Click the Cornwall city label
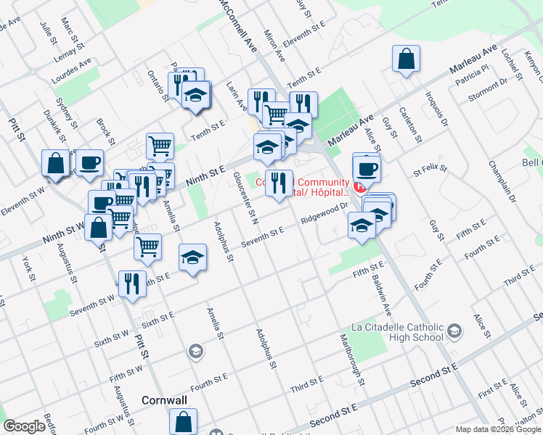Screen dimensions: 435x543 pos(164,400)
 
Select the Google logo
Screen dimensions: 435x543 pos(24,426)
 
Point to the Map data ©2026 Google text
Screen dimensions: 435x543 pos(498,429)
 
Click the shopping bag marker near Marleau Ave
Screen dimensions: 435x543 pos(407,59)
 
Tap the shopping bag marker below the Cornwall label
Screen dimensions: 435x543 pos(184,421)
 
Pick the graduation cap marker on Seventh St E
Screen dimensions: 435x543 pos(192,258)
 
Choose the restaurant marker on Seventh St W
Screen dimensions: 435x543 pos(131,283)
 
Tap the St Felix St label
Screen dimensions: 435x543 pos(428,172)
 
